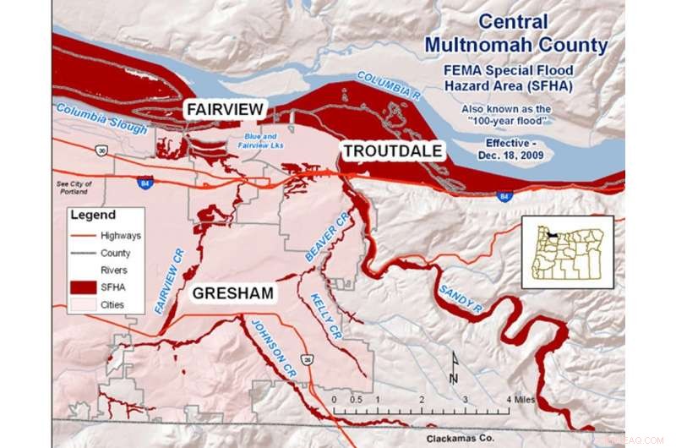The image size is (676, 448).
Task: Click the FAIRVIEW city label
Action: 226,109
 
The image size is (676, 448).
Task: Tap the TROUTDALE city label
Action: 392,151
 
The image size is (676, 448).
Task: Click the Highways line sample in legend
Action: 84,236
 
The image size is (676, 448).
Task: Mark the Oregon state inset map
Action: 566,252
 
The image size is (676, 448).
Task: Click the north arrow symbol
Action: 453,364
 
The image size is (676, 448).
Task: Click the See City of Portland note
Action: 74,187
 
